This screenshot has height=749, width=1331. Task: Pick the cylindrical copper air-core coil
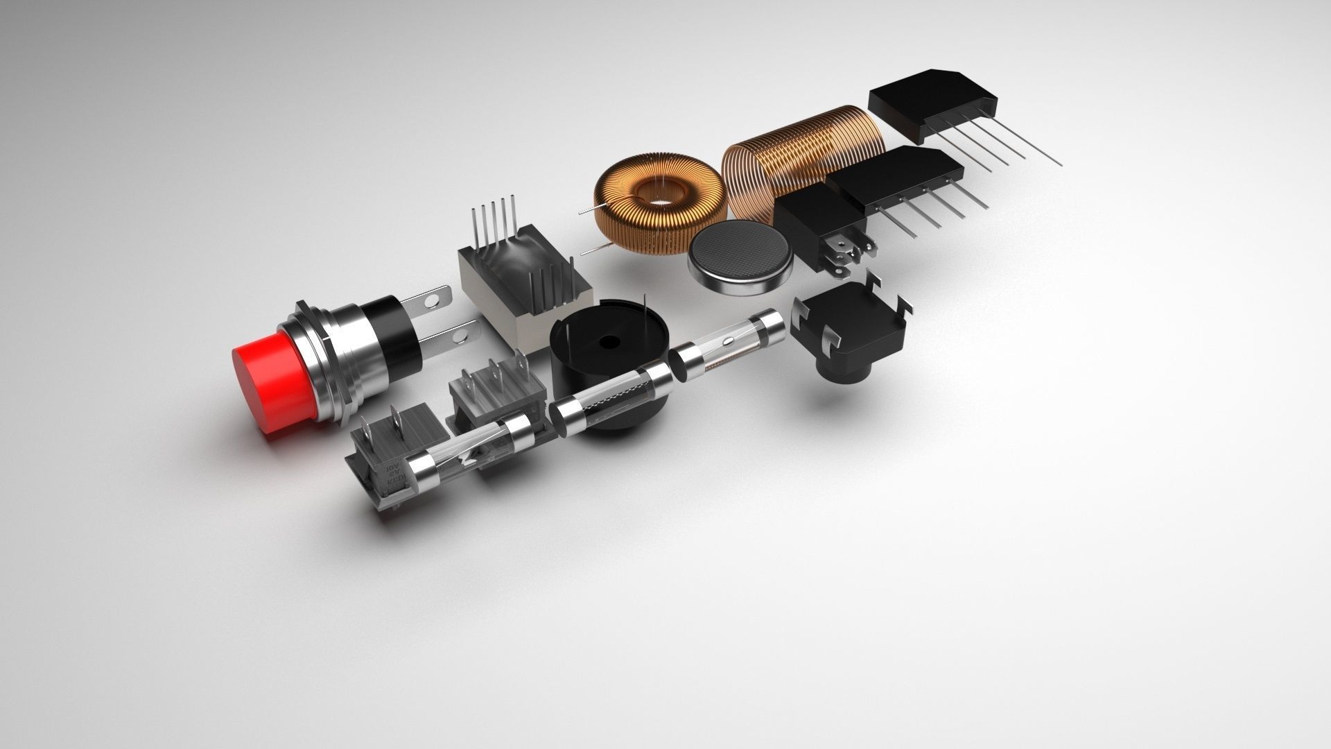coord(797,156)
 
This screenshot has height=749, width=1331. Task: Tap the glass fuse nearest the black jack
coord(728,343)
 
